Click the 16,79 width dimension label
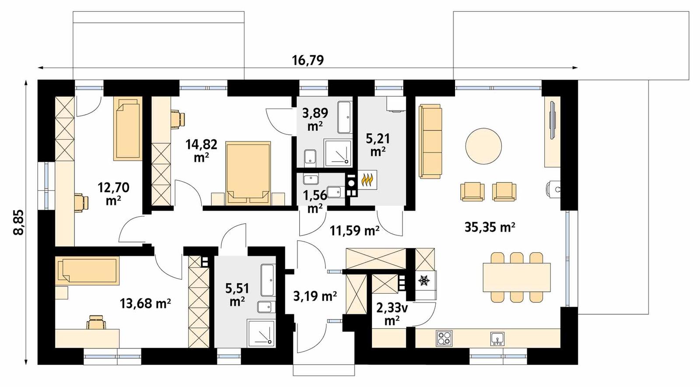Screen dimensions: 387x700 tap(308, 60)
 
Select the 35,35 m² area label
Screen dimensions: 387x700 tap(490, 227)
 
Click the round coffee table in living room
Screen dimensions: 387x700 tap(483, 146)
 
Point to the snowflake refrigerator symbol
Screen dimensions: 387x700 tap(423, 281)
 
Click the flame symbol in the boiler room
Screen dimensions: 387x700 tap(367, 180)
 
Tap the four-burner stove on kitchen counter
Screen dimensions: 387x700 tap(444, 338)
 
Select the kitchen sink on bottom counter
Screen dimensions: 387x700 tap(497, 338)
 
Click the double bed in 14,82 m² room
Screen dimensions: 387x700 tap(248, 173)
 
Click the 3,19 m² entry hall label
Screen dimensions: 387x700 tap(315, 296)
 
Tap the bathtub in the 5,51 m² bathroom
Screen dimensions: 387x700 tap(267, 280)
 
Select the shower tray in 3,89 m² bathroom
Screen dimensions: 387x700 tap(338, 153)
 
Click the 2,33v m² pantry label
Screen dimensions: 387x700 tap(392, 314)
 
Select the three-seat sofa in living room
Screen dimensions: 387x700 tap(430, 141)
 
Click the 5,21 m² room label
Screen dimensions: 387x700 tap(378, 144)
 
